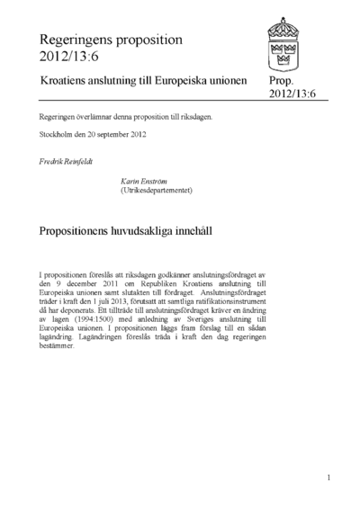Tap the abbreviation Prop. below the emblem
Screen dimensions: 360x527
283,81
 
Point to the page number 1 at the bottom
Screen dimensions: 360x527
329,478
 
